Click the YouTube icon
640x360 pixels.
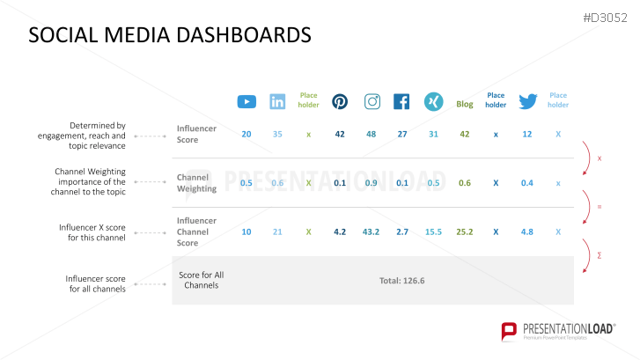(x=246, y=101)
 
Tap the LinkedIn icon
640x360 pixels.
(x=277, y=101)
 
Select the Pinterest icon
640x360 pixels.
(x=340, y=101)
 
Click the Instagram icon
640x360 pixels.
(x=371, y=101)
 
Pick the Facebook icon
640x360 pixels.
(x=401, y=101)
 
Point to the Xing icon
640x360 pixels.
(x=432, y=101)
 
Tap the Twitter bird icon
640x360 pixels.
(x=527, y=101)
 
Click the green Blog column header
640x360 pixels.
(x=465, y=104)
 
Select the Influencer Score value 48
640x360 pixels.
(x=371, y=135)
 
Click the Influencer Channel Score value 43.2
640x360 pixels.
(x=371, y=232)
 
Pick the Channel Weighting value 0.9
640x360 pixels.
(x=371, y=183)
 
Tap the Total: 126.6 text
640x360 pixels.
(x=402, y=281)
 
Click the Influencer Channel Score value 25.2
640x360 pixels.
(x=465, y=232)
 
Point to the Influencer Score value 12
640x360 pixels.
(x=527, y=135)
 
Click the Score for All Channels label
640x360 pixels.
(x=202, y=280)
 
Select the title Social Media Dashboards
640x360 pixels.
(x=170, y=35)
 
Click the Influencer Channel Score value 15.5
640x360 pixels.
(x=432, y=232)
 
